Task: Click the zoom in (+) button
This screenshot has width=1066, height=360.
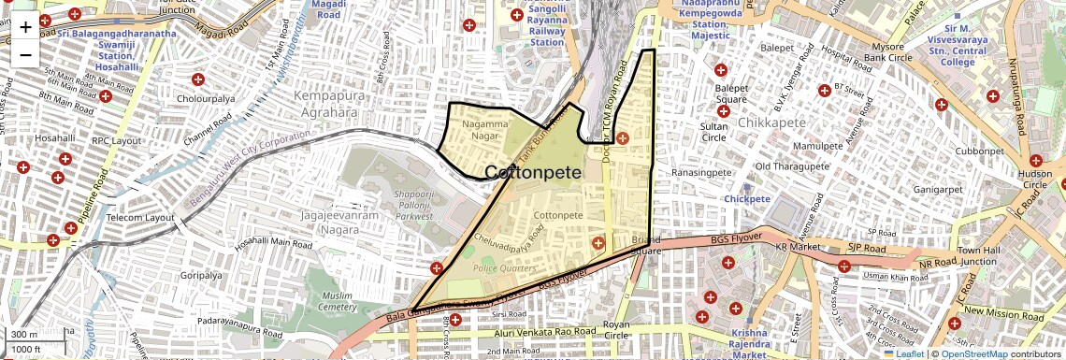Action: click(x=25, y=27)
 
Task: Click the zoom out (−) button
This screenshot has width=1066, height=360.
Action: click(x=25, y=54)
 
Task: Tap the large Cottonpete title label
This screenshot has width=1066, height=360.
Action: click(x=534, y=173)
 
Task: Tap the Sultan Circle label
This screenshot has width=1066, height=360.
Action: click(x=714, y=132)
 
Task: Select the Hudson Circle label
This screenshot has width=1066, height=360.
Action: click(x=1035, y=180)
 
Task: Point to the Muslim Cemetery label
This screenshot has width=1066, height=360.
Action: click(x=338, y=301)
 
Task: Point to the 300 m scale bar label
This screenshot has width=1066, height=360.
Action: click(x=24, y=335)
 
